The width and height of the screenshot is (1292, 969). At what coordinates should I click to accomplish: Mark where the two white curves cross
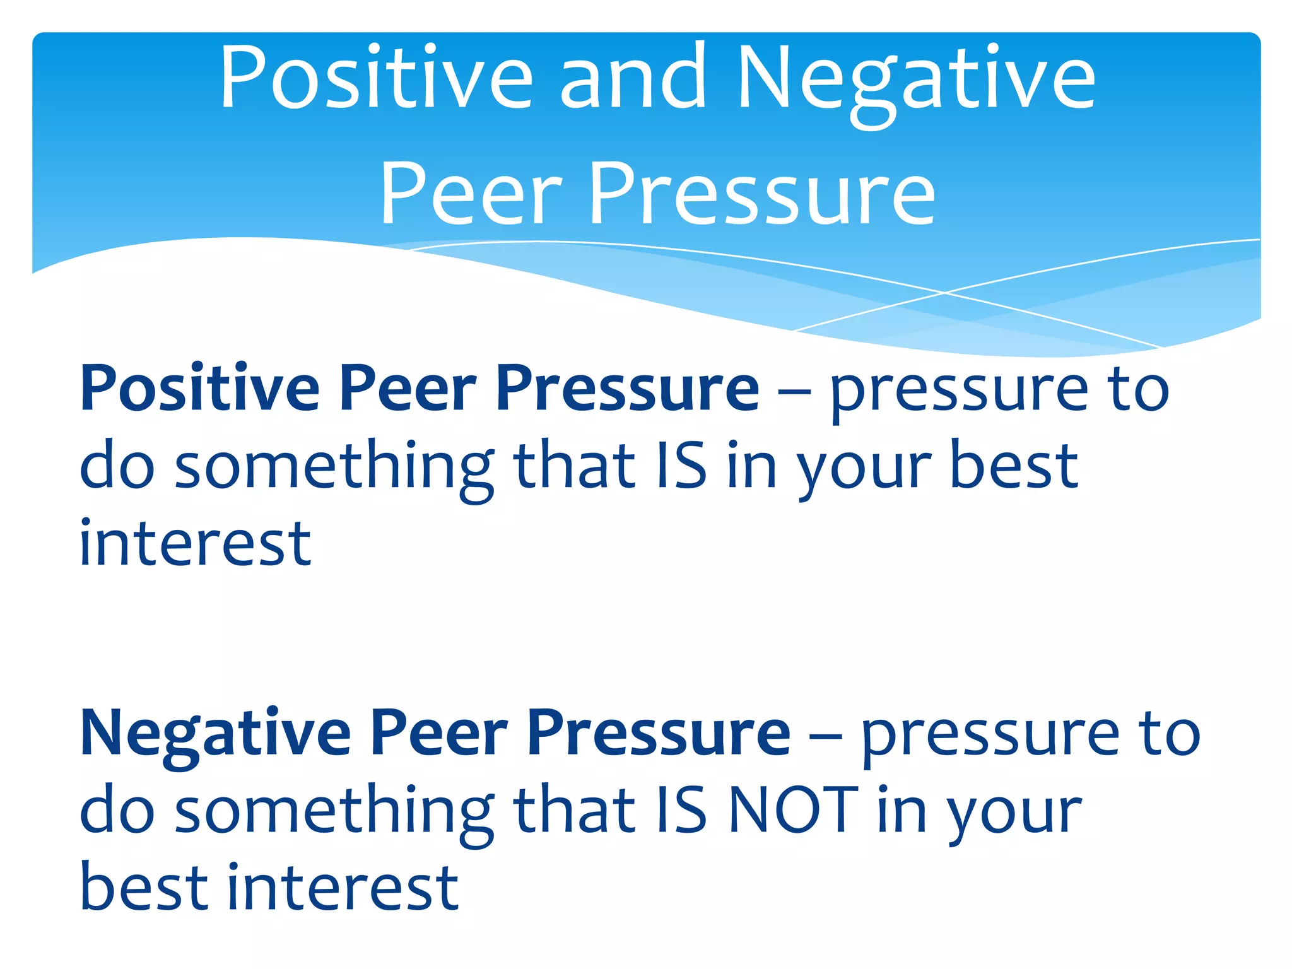tap(944, 293)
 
